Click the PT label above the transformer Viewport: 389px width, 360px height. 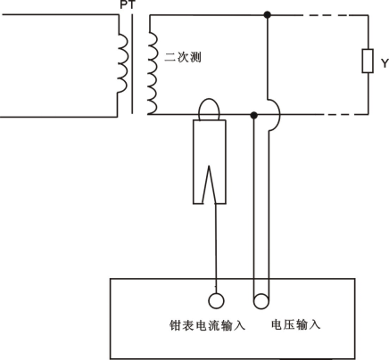(x=128, y=4)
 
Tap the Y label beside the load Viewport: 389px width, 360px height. (x=385, y=63)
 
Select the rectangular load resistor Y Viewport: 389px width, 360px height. (x=368, y=61)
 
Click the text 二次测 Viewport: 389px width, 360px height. (x=183, y=57)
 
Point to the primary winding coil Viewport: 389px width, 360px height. (x=124, y=63)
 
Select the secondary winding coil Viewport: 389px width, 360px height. (x=153, y=73)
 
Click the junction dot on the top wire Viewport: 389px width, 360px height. (x=268, y=14)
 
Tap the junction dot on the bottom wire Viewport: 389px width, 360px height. (x=253, y=115)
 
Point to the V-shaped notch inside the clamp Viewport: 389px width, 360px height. (x=209, y=184)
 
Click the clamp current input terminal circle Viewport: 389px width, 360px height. (x=216, y=300)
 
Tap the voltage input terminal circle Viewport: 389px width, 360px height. (x=261, y=301)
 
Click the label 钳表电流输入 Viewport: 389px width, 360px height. (x=207, y=325)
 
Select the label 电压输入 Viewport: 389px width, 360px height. (x=295, y=324)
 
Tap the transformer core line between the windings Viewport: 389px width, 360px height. (x=132, y=64)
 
